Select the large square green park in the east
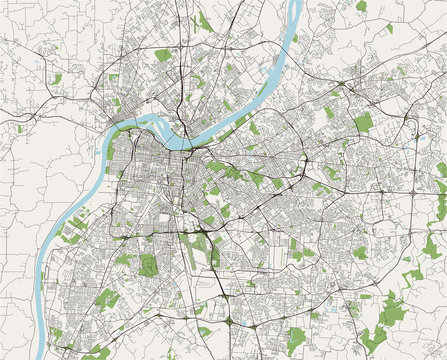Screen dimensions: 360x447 point(362,123)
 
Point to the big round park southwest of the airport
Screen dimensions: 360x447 point(148,265)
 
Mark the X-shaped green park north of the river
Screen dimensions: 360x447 point(205,20)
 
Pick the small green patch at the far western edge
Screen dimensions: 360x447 point(19,128)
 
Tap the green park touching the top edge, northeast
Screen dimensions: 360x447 point(361,6)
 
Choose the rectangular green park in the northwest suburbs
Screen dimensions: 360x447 point(162,55)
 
